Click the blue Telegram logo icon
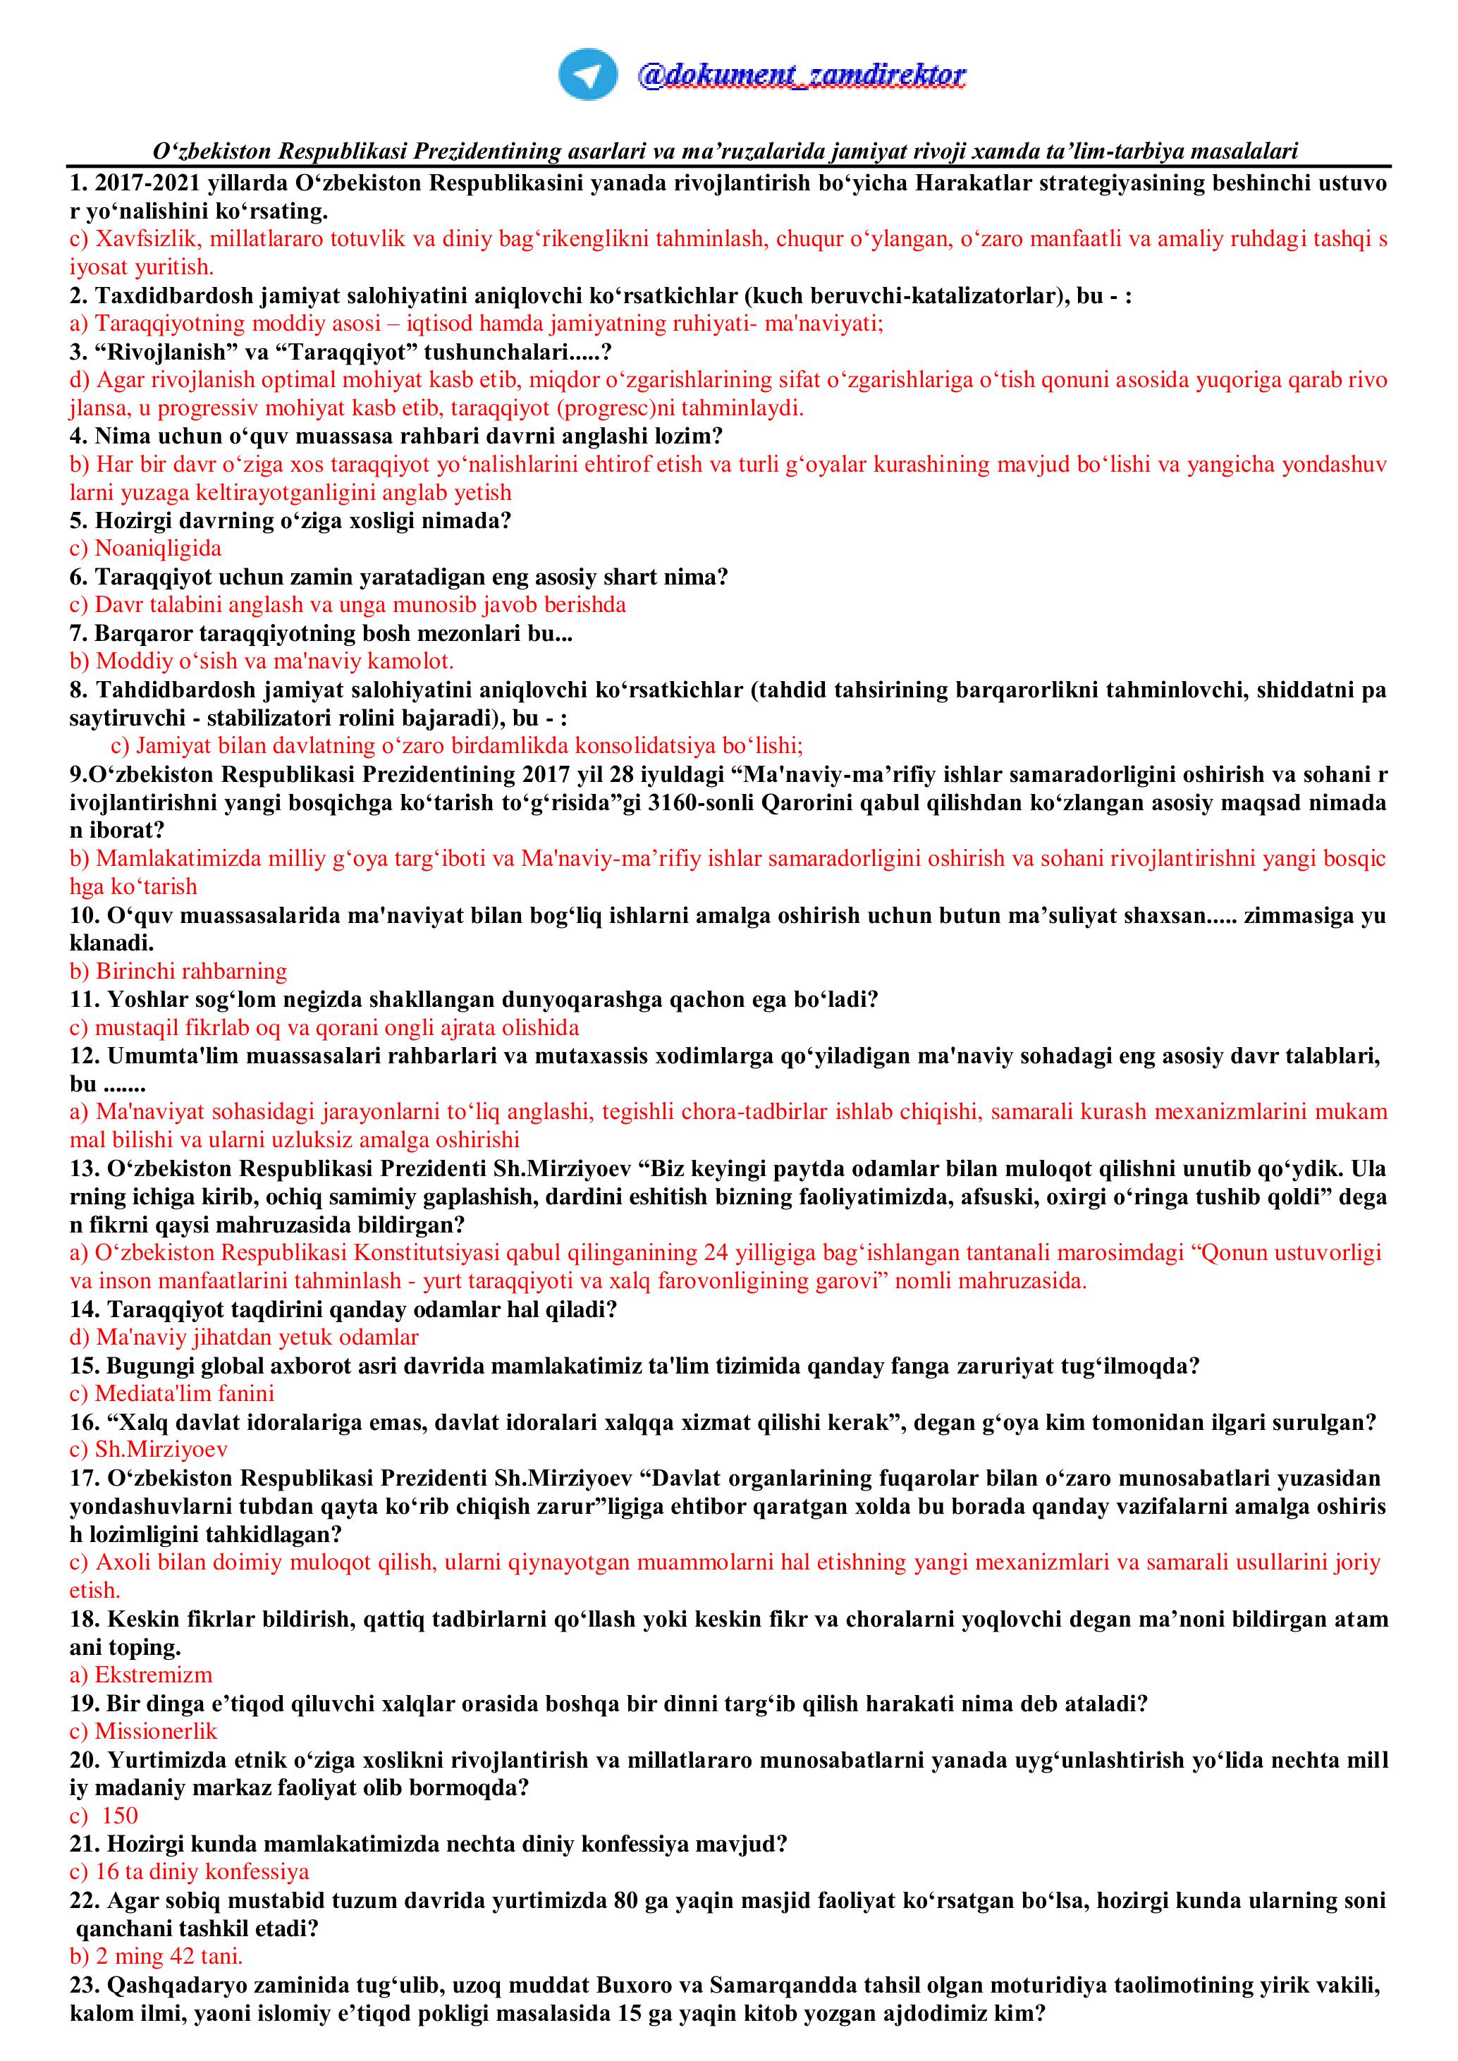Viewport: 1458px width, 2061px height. tap(587, 75)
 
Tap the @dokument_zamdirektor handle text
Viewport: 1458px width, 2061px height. tap(801, 75)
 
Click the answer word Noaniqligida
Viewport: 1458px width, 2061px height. tap(158, 549)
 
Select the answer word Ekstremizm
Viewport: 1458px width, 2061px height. tap(154, 1675)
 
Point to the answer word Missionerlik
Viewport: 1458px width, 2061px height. tap(157, 1731)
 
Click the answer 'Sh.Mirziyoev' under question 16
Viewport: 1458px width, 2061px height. tap(161, 1450)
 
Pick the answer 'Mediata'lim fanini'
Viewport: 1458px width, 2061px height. tap(185, 1393)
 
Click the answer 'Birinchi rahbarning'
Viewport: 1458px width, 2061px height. tap(191, 971)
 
